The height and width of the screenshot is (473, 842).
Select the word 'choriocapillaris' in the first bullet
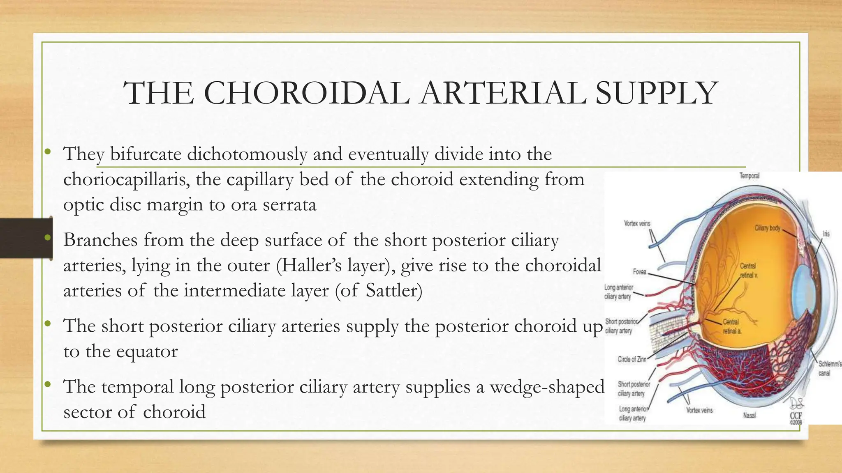(126, 179)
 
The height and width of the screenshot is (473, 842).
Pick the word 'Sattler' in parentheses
(391, 291)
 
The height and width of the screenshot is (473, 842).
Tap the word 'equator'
(147, 351)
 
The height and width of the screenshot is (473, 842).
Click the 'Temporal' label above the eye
(749, 176)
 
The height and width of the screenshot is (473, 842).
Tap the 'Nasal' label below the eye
(749, 416)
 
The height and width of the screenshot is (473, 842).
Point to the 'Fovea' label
(639, 272)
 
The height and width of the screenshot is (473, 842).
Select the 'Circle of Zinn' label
(632, 359)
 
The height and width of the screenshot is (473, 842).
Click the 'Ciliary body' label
(767, 228)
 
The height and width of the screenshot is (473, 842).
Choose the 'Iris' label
(826, 234)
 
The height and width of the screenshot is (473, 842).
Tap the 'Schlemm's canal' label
(829, 368)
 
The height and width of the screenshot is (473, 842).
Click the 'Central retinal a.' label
(731, 326)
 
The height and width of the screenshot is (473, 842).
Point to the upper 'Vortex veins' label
(637, 223)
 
